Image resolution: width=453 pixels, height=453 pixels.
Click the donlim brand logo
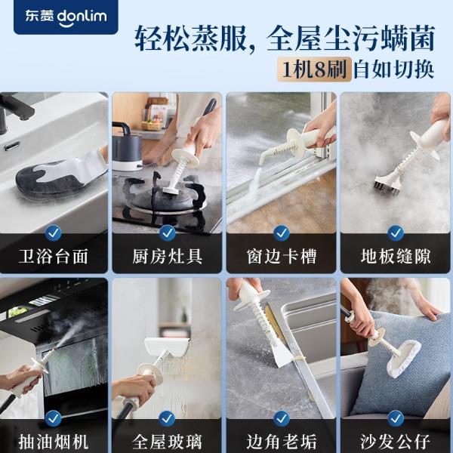(66, 17)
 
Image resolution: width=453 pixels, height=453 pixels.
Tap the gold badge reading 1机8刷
(314, 69)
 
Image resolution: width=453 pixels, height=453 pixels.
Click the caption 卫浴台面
(54, 257)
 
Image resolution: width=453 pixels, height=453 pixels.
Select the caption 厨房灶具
(168, 257)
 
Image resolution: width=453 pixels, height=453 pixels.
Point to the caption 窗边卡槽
(282, 257)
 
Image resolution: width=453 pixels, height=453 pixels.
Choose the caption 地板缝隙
(396, 257)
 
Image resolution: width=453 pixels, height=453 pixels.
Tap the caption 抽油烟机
(54, 442)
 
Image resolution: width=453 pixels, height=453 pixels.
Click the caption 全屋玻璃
(168, 442)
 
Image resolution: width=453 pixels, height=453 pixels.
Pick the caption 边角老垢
(282, 442)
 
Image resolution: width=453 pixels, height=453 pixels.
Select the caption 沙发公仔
(396, 442)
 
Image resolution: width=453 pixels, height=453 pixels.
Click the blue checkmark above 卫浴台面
(54, 233)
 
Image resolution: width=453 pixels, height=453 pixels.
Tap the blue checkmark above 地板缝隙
(396, 233)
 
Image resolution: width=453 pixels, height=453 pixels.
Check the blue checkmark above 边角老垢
(282, 418)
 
